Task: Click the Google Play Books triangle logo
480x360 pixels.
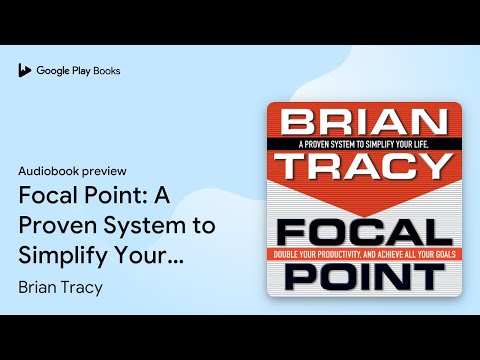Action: click(x=25, y=71)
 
